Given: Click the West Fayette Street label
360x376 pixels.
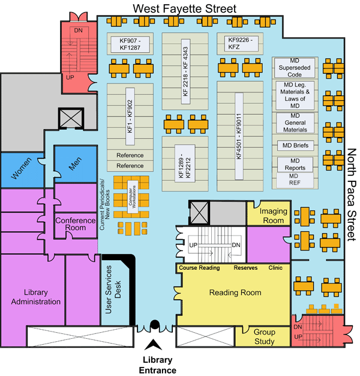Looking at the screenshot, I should click(x=185, y=8).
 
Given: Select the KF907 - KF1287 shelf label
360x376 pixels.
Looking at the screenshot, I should click(x=130, y=43).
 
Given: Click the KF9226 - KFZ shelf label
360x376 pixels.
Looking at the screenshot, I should click(x=242, y=43).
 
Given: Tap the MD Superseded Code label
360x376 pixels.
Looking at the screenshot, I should click(x=294, y=68).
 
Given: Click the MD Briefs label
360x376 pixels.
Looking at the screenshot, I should click(x=294, y=145).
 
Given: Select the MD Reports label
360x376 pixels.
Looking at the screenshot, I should click(x=294, y=164).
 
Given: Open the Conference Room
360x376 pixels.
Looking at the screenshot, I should click(x=75, y=224).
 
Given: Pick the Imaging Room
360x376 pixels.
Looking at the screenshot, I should click(x=271, y=216).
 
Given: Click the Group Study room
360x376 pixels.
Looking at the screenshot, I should click(x=264, y=337).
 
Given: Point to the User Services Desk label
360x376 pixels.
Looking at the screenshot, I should click(x=114, y=291).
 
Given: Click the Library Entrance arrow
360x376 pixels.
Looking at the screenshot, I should click(x=155, y=344).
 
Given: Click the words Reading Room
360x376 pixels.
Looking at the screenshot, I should click(x=235, y=293).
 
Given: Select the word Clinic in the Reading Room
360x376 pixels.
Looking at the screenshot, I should click(x=275, y=267).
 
